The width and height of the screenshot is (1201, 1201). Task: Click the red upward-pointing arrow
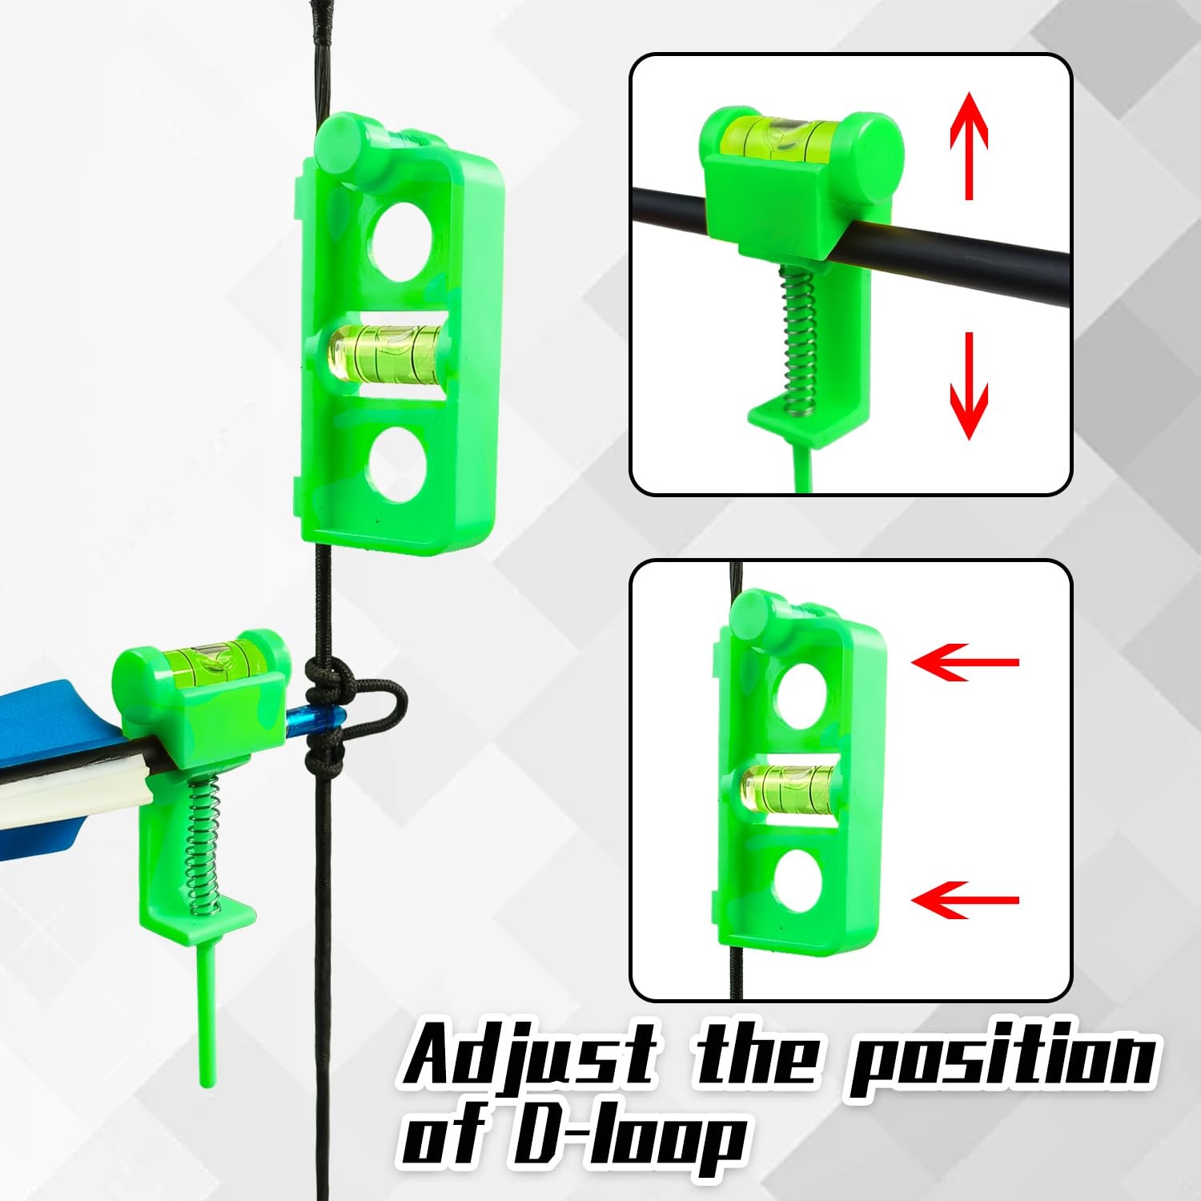pyautogui.click(x=969, y=144)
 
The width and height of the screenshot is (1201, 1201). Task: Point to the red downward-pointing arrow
pyautogui.click(x=969, y=386)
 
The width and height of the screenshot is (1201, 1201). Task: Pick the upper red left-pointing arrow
pyautogui.click(x=964, y=662)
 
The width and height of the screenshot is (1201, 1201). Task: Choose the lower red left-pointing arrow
pyautogui.click(x=964, y=900)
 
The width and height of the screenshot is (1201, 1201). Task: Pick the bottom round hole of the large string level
pyautogui.click(x=398, y=464)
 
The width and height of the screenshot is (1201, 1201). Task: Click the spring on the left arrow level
pyautogui.click(x=204, y=849)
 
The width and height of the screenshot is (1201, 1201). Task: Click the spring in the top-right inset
pyautogui.click(x=799, y=340)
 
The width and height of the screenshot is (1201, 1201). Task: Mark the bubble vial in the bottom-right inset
pyautogui.click(x=787, y=786)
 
